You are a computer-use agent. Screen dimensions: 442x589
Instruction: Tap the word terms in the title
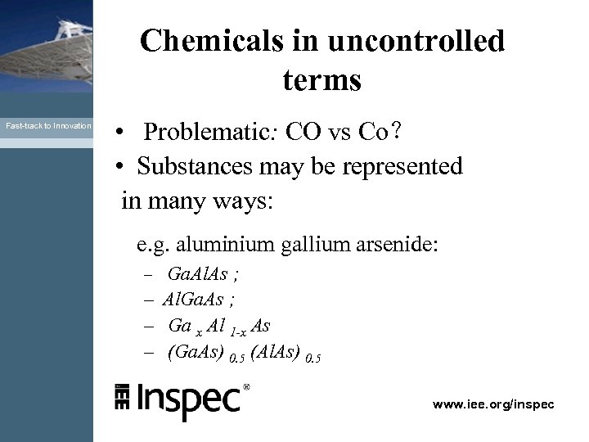pos(322,80)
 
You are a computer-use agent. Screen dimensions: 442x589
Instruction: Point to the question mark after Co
pos(395,132)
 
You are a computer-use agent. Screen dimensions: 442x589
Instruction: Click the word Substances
pos(192,166)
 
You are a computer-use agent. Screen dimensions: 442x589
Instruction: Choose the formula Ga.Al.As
pos(197,274)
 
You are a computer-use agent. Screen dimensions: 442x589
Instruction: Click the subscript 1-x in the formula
pos(239,330)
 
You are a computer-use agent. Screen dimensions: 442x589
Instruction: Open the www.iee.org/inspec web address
pos(493,404)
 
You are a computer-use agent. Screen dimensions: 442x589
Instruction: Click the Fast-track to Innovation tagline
pos(48,126)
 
